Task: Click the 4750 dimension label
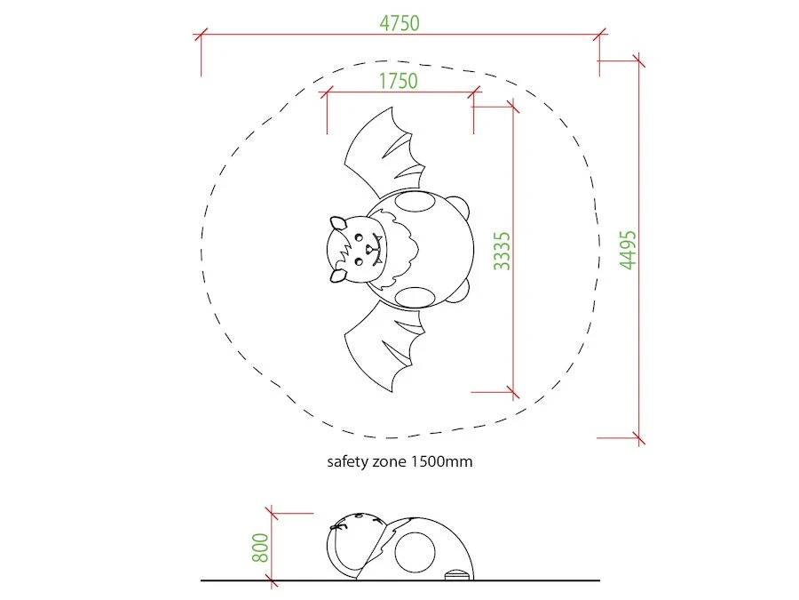[x=399, y=23]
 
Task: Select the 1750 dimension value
[x=398, y=81]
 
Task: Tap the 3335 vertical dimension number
[x=502, y=251]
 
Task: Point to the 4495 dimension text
[x=628, y=250]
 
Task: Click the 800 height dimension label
[x=260, y=548]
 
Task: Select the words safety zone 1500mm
[x=399, y=461]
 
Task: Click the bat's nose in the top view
[x=369, y=250]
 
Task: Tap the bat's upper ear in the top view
[x=336, y=223]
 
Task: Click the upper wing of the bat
[x=380, y=153]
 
